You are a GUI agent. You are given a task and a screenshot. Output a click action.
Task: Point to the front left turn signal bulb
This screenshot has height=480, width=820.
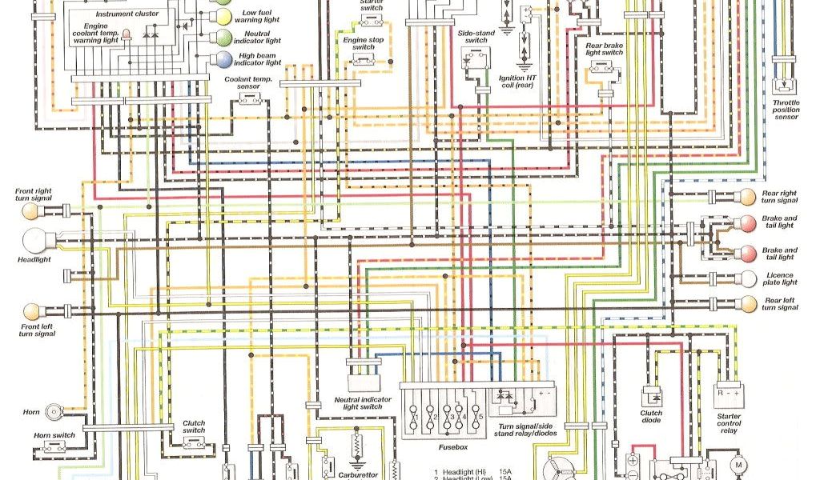[33, 310]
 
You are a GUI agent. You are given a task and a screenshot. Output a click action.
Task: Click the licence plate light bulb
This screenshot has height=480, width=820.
[746, 278]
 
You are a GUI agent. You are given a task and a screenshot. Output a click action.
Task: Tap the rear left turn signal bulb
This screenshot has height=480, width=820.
[746, 303]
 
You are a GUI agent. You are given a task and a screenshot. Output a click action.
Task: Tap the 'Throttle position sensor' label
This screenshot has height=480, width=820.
[786, 110]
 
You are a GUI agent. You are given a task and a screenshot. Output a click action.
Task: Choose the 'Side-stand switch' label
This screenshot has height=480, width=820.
[476, 36]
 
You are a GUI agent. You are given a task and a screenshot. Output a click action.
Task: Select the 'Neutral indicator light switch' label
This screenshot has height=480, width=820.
[363, 402]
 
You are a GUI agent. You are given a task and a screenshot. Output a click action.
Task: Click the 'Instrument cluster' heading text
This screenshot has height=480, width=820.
[127, 14]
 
